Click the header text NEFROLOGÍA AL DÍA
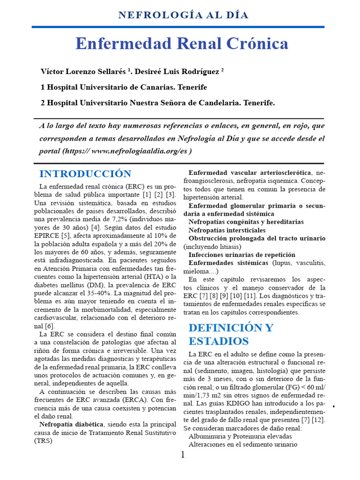tap(183, 15)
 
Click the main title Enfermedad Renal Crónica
tap(182, 44)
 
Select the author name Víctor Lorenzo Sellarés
tap(83, 72)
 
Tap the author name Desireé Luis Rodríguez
tap(177, 72)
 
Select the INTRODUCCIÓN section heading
tap(85, 174)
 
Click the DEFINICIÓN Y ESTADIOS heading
tap(231, 334)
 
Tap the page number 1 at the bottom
tap(183, 455)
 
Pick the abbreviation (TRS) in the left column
tap(43, 441)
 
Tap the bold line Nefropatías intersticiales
tap(227, 230)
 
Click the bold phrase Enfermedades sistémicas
tap(229, 263)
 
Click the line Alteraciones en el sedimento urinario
tap(243, 444)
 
